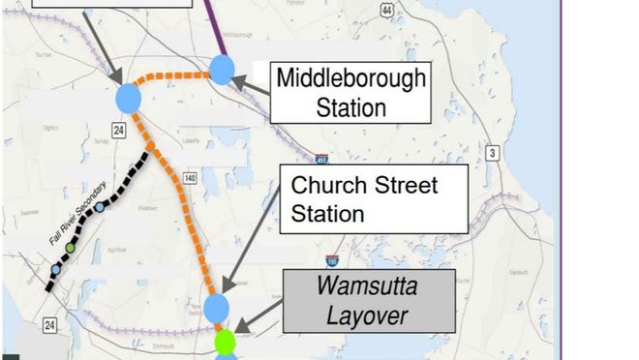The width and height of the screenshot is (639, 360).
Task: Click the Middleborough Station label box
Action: tap(350, 92)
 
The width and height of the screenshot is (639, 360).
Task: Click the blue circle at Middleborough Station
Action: tap(223, 69)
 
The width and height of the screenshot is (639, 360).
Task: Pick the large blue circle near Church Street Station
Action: tap(217, 307)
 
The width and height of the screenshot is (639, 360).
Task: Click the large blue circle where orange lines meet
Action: tap(129, 98)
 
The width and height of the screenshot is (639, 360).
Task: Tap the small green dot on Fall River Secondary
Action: tap(70, 249)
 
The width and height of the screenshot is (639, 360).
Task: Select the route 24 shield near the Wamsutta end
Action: tap(50, 326)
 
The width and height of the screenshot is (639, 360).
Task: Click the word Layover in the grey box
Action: tap(368, 315)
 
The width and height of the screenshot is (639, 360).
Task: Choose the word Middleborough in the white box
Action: tap(350, 78)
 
